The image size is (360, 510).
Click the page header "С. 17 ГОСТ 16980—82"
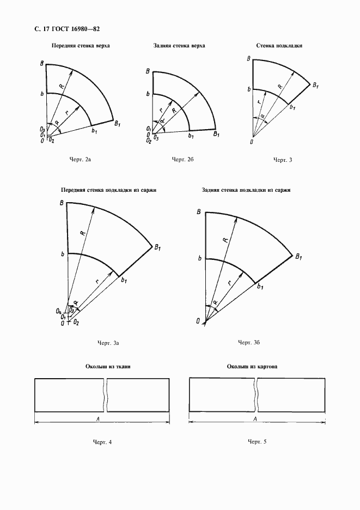[59, 28]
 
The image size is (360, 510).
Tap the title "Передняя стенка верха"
[80, 46]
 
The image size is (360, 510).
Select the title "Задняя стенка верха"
[179, 46]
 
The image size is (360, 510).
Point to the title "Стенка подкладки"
[279, 46]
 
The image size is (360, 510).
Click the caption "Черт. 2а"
[80, 159]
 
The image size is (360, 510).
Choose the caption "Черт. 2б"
[183, 159]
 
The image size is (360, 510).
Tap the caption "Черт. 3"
[283, 160]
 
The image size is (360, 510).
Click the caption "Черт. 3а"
[108, 343]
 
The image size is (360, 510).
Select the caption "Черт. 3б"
[248, 342]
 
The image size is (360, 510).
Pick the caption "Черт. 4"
[102, 441]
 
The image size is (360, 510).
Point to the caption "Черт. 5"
[257, 441]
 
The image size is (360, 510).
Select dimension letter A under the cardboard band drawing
[255, 418]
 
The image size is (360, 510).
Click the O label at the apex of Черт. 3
[251, 142]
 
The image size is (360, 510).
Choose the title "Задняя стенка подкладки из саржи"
[246, 190]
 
